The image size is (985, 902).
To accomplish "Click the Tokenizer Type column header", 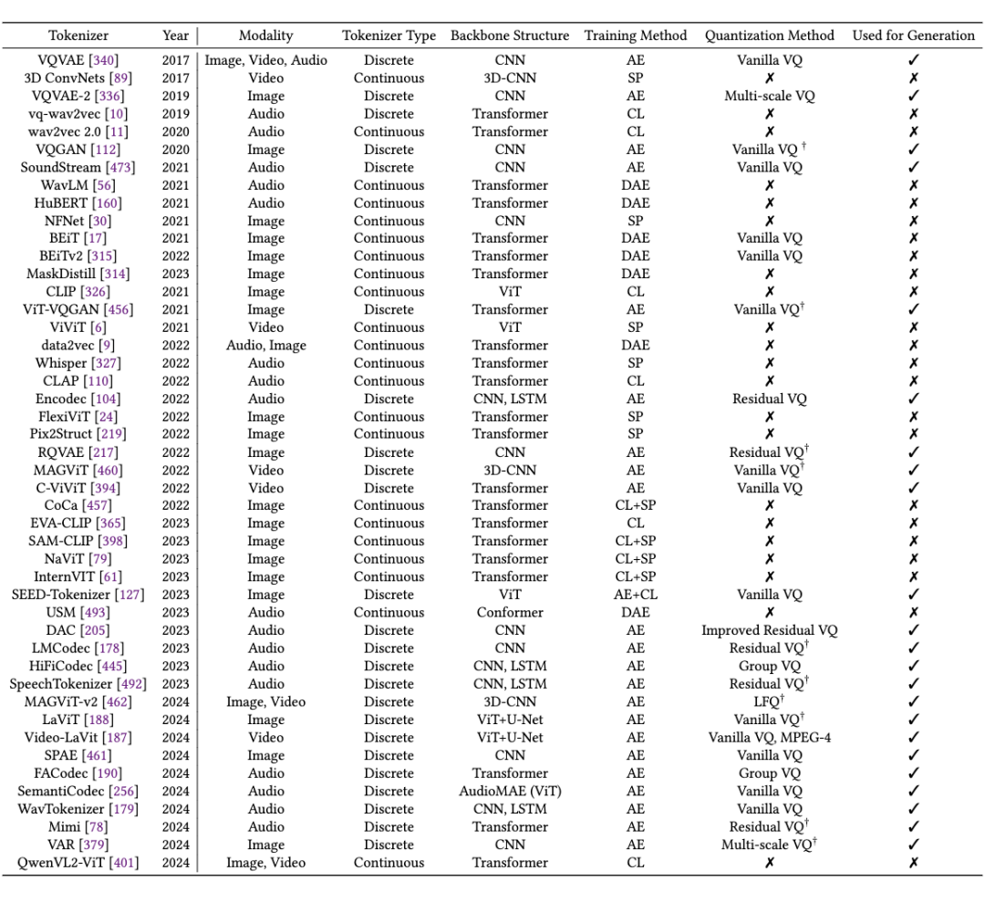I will point(389,36).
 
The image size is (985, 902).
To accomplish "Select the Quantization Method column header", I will point(769,36).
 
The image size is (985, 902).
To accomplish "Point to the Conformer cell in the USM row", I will point(509,612).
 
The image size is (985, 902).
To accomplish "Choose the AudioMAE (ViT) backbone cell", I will point(509,791).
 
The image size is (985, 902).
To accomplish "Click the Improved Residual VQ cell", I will point(769,630).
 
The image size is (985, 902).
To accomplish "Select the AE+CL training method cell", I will point(635,595).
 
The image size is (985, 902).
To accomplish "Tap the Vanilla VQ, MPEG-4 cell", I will point(769,737).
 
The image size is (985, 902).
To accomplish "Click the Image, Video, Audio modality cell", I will point(265,60).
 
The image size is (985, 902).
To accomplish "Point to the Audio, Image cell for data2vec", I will point(265,345).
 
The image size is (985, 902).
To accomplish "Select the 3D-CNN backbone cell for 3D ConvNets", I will point(509,78).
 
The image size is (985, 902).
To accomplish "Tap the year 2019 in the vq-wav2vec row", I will point(175,114).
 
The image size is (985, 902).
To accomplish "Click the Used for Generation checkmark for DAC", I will point(913,630).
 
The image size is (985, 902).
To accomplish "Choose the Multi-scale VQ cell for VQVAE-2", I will point(769,96).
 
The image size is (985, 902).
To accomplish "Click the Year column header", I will point(175,36).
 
